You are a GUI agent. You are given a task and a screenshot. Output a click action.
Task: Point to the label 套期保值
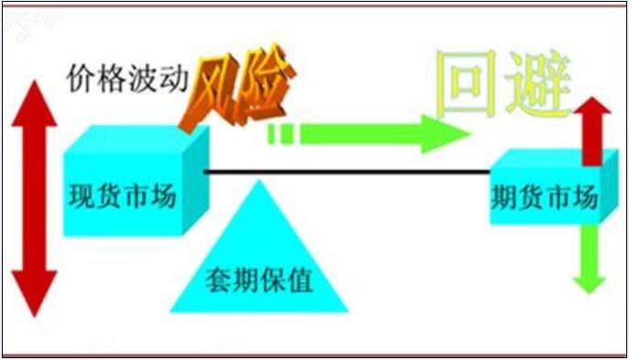pyautogui.click(x=259, y=277)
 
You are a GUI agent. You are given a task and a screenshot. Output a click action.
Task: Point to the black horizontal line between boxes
pyautogui.click(x=348, y=172)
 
